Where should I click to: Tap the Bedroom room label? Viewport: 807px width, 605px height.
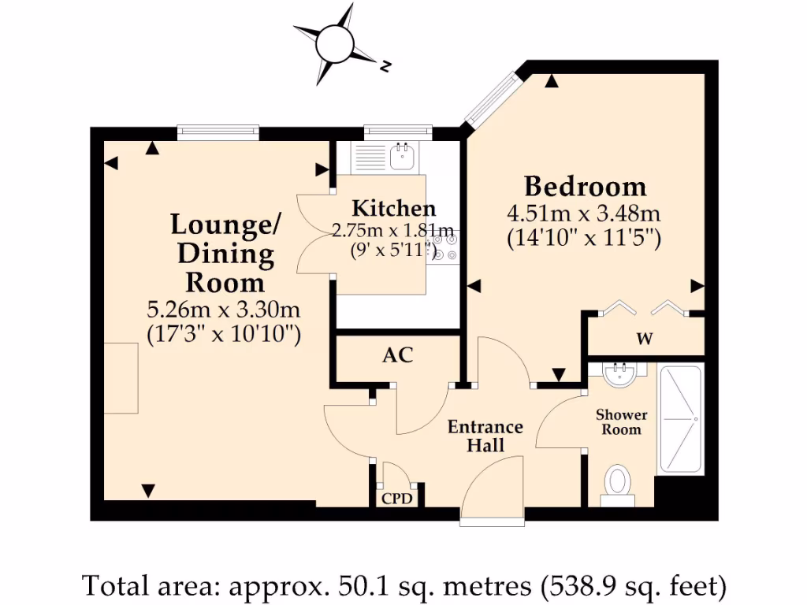(585, 187)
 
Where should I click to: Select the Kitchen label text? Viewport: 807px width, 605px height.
(393, 209)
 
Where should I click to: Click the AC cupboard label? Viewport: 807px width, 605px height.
(397, 355)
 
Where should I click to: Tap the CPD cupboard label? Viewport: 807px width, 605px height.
(397, 498)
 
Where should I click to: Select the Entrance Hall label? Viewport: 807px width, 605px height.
(485, 436)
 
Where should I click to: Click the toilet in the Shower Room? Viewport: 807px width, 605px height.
(619, 483)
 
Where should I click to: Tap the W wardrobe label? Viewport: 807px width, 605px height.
(645, 340)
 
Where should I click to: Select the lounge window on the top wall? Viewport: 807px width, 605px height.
(218, 132)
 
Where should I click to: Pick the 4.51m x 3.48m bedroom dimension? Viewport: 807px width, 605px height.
(583, 213)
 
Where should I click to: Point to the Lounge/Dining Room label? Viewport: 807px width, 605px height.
(225, 254)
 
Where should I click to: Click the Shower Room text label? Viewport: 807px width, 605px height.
(621, 422)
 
